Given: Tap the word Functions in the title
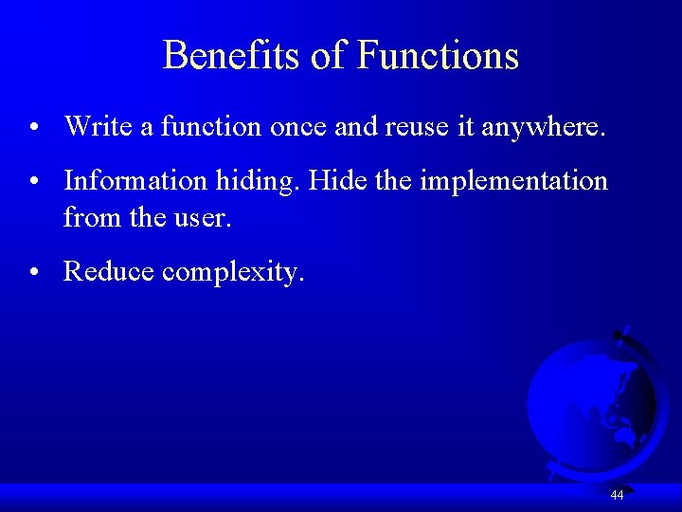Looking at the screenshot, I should click(438, 55).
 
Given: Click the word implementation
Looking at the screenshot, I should click(513, 181).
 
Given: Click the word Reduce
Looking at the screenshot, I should click(109, 272).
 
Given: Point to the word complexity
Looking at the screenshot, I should click(233, 274).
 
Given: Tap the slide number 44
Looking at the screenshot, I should click(617, 495).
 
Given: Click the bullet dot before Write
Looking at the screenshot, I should click(33, 127).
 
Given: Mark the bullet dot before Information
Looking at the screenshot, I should click(33, 182).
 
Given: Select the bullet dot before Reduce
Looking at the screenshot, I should click(33, 274).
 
